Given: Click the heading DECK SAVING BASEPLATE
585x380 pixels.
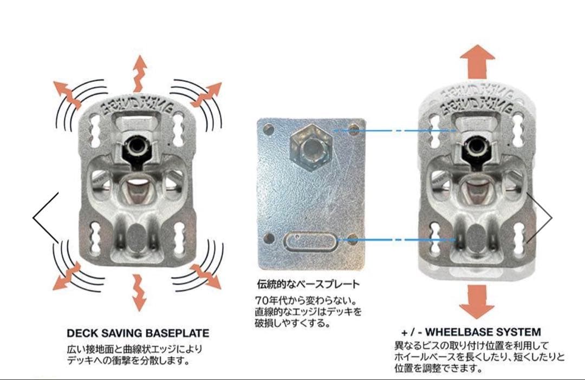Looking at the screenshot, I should point(138,332).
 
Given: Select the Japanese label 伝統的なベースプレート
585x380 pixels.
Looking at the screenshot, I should point(308,284).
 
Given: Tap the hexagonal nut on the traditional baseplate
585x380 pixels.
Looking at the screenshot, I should point(308,145).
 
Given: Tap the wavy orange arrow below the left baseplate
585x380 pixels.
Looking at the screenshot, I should point(139,292).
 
